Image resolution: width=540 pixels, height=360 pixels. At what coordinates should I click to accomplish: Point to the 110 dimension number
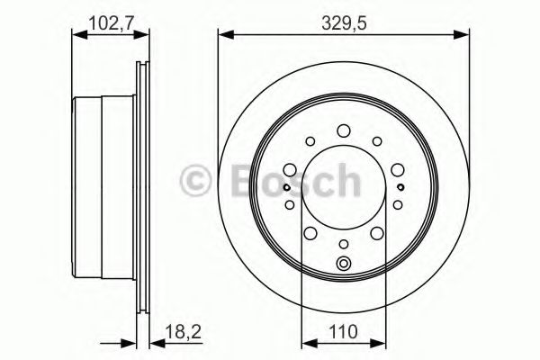click(x=343, y=332)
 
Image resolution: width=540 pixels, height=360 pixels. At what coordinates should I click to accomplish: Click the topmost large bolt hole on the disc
click(x=343, y=132)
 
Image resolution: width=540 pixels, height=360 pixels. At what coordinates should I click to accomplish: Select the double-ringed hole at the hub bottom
click(x=343, y=264)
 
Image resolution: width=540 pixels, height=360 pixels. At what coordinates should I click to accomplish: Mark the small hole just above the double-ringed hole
click(x=343, y=244)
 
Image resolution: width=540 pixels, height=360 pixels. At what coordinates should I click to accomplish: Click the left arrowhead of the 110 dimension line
click(x=304, y=341)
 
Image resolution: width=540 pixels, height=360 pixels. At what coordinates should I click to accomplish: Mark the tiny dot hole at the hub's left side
click(x=286, y=187)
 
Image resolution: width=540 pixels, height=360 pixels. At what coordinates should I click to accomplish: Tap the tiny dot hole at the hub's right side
click(x=399, y=187)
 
